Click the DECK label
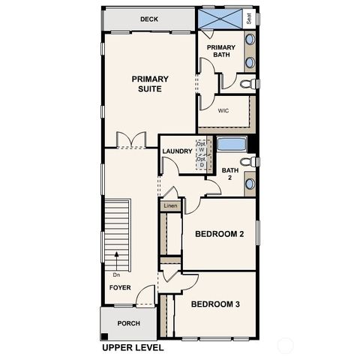point(149,19)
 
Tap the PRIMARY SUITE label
point(150,84)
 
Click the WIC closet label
point(223,110)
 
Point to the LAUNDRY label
point(178,151)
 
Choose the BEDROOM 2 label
point(220,234)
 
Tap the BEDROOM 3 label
point(215,304)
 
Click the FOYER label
point(120,287)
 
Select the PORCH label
point(128,323)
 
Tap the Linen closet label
point(170,205)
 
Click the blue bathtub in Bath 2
point(232,144)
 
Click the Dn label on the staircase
point(117,274)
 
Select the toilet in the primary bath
point(248,84)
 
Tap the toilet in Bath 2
point(249,161)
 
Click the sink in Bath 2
point(250,184)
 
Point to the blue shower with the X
point(220,19)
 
